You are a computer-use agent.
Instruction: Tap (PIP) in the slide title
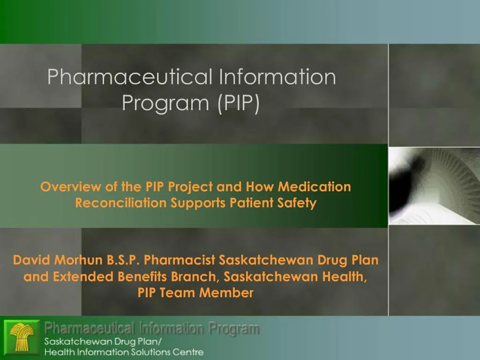click(238, 103)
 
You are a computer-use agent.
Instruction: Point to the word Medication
click(315, 187)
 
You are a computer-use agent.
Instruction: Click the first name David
click(32, 260)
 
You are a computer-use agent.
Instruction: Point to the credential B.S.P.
click(123, 260)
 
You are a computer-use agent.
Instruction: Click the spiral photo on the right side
click(434, 186)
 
